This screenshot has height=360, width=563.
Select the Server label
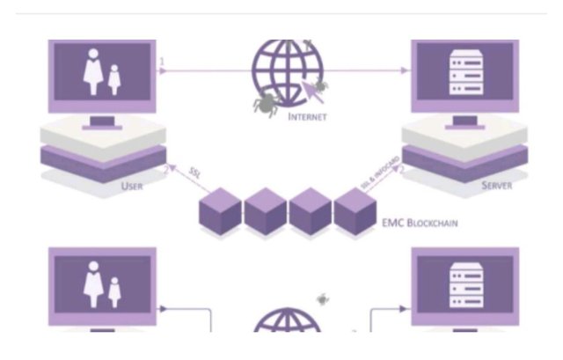tap(497, 187)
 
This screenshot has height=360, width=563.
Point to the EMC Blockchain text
tap(420, 223)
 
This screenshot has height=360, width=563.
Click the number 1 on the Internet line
tap(162, 62)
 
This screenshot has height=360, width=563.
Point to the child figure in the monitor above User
tap(113, 80)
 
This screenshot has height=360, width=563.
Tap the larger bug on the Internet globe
tap(264, 103)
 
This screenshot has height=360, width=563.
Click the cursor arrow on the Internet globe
tap(310, 87)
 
